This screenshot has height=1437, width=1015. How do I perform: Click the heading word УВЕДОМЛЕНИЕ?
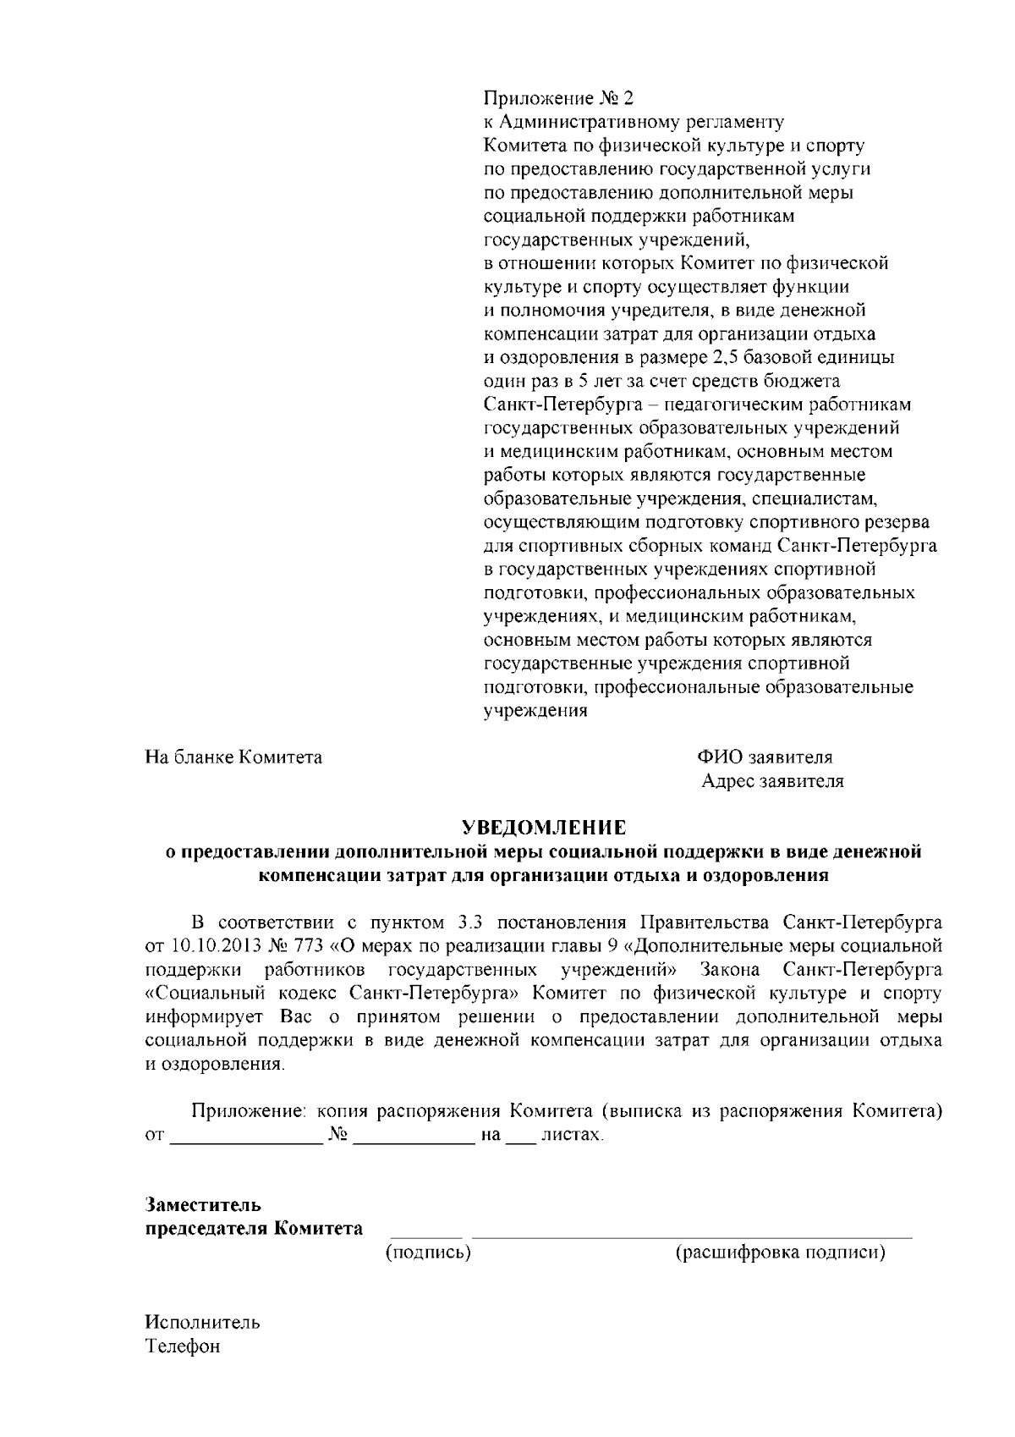click(x=544, y=825)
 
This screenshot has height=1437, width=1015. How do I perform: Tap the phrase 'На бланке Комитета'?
click(x=233, y=757)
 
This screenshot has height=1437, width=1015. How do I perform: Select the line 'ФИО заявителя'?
click(x=765, y=757)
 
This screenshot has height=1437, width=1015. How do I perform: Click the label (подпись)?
click(x=428, y=1252)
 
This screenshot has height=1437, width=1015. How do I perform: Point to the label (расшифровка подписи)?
click(x=780, y=1252)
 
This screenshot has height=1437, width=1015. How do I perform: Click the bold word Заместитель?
click(x=203, y=1203)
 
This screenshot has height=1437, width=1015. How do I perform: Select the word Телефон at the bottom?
click(x=183, y=1346)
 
